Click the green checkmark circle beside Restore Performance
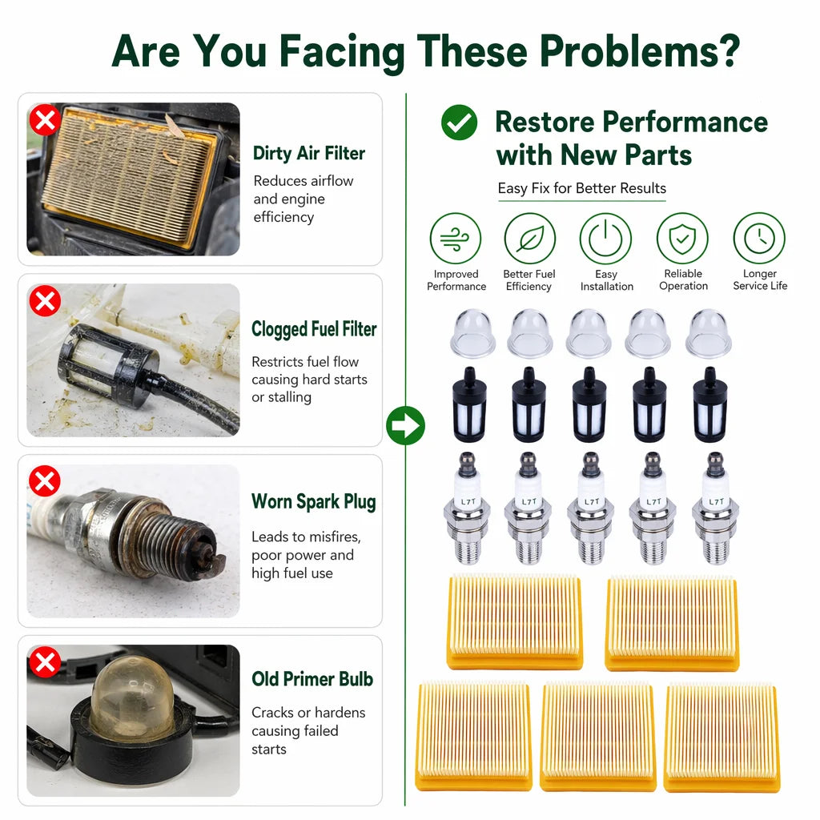tap(459, 123)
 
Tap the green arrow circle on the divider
tap(405, 425)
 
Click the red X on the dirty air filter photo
tap(45, 120)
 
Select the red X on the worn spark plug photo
tap(45, 481)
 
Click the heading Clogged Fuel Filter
tap(314, 329)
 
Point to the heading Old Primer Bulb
tap(312, 679)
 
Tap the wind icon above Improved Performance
tap(455, 239)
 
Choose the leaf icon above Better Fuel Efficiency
tap(530, 239)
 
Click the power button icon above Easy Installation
tap(605, 239)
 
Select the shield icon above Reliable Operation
tap(682, 239)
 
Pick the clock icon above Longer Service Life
tap(759, 239)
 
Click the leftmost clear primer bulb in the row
tap(472, 334)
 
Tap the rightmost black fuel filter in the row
tap(709, 404)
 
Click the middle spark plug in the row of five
tap(591, 508)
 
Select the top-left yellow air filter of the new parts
tap(515, 622)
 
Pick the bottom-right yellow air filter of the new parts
tap(722, 738)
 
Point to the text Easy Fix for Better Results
tap(582, 188)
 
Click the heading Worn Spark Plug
tap(314, 501)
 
